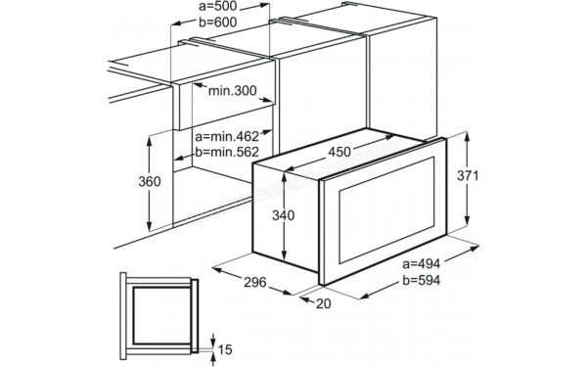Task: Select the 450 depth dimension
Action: [x=339, y=151]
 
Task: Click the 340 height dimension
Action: [x=284, y=215]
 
